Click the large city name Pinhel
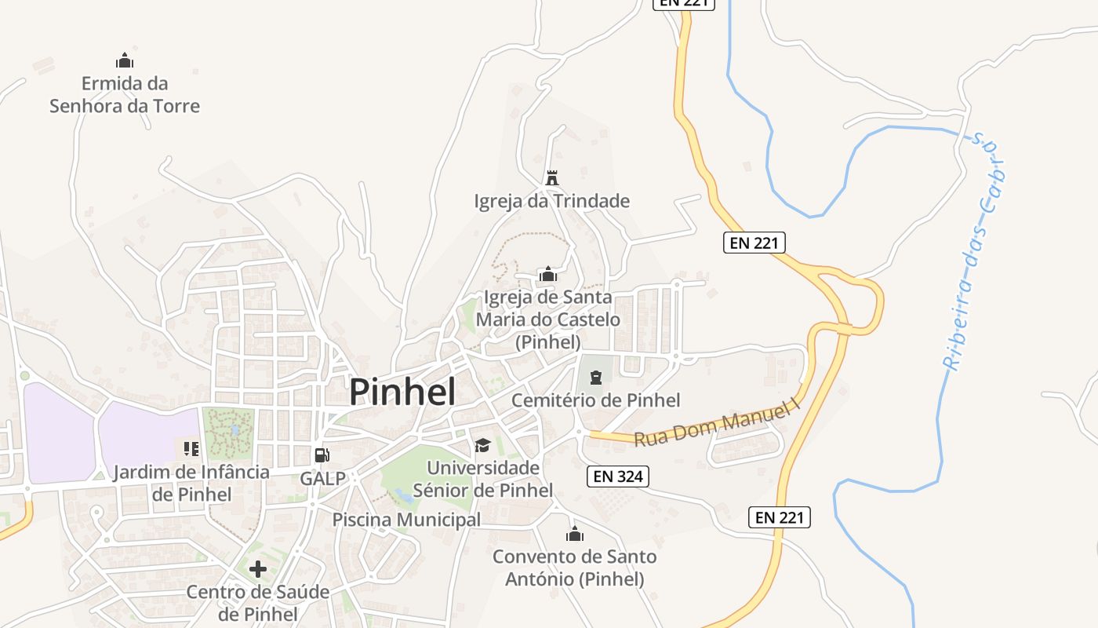tap(402, 392)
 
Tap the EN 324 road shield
tap(618, 476)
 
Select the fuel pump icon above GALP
tap(322, 455)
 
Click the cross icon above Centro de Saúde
tap(258, 568)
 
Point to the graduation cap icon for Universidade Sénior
tap(482, 446)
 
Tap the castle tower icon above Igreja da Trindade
tap(552, 178)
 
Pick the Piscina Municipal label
tap(406, 520)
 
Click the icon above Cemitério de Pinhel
tap(596, 378)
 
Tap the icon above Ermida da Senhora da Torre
tap(125, 60)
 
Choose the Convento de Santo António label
tap(575, 568)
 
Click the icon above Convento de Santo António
tap(575, 535)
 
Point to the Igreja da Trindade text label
tap(552, 201)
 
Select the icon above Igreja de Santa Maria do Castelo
tap(547, 275)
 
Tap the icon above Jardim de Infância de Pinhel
tap(191, 449)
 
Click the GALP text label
tap(322, 478)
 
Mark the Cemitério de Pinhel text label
tap(596, 400)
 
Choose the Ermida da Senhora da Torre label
tap(125, 94)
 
